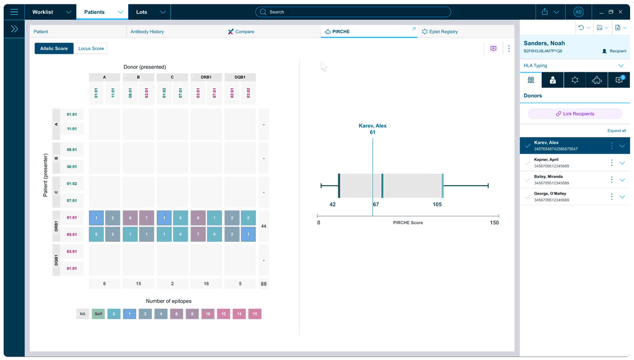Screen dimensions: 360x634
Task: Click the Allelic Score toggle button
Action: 54,48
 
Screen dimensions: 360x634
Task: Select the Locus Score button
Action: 90,48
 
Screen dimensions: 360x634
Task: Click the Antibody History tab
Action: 147,31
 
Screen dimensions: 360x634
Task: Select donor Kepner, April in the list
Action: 562,163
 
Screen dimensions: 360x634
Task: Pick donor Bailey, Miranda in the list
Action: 562,180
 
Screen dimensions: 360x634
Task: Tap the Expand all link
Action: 616,130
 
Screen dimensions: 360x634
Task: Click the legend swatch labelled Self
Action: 98,314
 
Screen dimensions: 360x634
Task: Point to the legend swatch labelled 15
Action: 255,314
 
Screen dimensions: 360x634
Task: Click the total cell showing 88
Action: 264,284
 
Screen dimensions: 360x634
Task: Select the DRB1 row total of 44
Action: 264,226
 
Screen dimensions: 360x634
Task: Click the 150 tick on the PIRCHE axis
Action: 494,223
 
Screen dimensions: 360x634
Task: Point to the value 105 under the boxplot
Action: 437,204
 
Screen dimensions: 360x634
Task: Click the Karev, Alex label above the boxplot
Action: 373,126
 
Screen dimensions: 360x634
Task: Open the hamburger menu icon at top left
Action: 14,12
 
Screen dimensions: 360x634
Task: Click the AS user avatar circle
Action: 578,12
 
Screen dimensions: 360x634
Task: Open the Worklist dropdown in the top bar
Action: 51,12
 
